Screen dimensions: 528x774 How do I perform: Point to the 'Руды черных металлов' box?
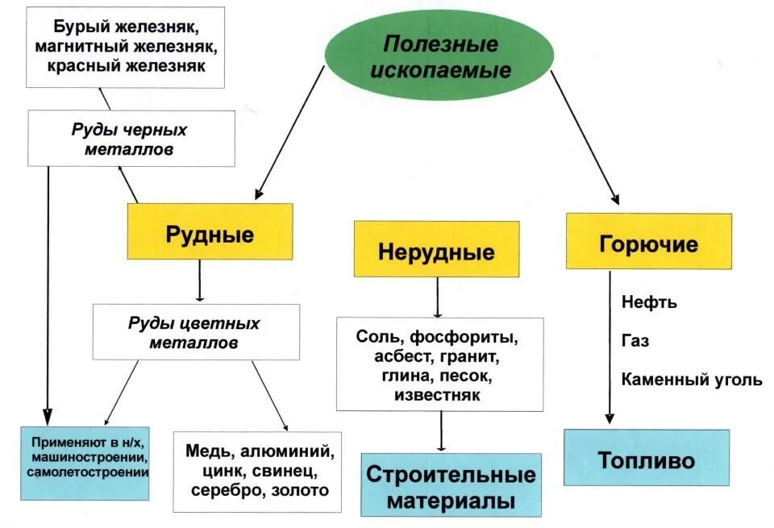[131, 139]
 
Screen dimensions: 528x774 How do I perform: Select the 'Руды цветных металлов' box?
[195, 331]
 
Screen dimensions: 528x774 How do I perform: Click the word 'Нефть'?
[649, 303]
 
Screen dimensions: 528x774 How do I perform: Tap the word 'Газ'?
[635, 340]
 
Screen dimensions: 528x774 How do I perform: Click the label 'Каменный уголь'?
[691, 379]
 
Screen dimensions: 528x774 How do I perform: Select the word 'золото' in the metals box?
[302, 489]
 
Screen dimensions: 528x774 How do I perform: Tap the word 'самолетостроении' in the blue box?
[86, 472]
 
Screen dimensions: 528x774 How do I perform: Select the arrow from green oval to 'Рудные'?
[290, 133]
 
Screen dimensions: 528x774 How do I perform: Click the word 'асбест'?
[402, 356]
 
